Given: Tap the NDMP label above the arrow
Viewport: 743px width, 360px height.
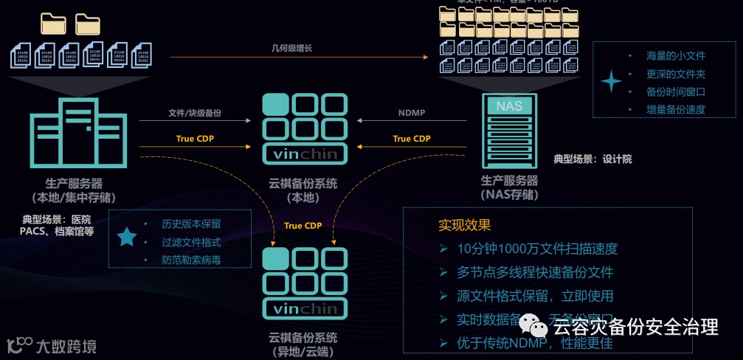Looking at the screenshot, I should (412, 114).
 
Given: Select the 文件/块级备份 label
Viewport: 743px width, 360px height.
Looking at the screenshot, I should (195, 114).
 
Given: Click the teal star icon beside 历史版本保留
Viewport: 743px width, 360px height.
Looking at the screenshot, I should (128, 236).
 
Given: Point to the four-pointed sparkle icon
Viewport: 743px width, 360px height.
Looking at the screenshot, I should (611, 82).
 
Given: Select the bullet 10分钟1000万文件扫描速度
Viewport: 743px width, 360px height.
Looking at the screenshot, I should (536, 249).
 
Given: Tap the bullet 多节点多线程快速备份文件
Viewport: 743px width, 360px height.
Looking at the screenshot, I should (535, 272).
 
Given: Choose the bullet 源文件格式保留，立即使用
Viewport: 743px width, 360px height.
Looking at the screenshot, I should (535, 296).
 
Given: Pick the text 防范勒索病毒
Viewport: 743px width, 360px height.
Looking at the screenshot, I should (191, 260).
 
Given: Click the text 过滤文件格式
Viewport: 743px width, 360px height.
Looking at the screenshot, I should (191, 241).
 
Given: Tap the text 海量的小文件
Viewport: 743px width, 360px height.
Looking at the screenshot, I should (676, 56).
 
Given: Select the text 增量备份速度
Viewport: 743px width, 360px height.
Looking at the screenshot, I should (676, 109).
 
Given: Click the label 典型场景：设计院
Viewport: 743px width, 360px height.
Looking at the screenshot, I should (592, 159).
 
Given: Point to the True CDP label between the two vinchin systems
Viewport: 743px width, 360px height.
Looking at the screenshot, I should (303, 225).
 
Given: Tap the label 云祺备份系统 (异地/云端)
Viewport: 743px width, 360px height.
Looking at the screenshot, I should (303, 344).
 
